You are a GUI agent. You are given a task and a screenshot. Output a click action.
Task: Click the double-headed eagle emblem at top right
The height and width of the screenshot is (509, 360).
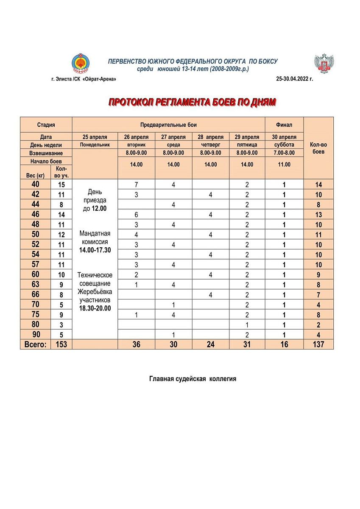click(324, 64)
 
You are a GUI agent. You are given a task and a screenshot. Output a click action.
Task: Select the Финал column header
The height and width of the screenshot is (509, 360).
click(284, 125)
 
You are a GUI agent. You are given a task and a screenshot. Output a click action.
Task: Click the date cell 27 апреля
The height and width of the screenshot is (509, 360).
click(173, 137)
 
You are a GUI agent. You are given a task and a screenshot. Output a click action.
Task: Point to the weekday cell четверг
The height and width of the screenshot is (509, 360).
click(211, 145)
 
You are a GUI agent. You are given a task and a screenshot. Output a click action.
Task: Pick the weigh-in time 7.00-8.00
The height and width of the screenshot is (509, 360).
click(284, 153)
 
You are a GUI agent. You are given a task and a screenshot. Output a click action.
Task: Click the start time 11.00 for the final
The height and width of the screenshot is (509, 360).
click(284, 165)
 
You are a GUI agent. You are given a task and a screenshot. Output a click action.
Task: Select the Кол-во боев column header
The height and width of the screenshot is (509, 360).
click(318, 148)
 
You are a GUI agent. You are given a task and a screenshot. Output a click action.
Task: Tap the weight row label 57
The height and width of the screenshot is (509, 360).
click(35, 264)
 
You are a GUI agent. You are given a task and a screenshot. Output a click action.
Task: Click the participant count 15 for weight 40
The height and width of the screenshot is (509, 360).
click(61, 185)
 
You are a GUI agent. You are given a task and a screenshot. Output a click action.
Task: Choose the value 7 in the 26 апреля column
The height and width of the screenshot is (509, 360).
click(136, 185)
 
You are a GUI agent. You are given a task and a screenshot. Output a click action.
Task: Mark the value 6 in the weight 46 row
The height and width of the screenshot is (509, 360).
click(136, 215)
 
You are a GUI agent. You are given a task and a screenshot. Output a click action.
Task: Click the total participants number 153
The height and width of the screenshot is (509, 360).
click(61, 344)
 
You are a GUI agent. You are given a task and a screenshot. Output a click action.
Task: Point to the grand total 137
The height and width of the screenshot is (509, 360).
click(318, 344)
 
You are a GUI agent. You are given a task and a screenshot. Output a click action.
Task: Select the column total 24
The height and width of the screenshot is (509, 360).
click(211, 344)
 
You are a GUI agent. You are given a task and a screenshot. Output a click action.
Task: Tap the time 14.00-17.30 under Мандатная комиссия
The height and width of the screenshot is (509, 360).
click(95, 250)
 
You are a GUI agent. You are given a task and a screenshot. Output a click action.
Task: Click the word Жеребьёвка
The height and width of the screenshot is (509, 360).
click(95, 292)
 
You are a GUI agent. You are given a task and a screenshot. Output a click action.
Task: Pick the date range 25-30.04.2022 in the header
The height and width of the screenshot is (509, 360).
click(294, 79)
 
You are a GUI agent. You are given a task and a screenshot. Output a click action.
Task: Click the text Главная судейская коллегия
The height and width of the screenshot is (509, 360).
click(193, 379)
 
